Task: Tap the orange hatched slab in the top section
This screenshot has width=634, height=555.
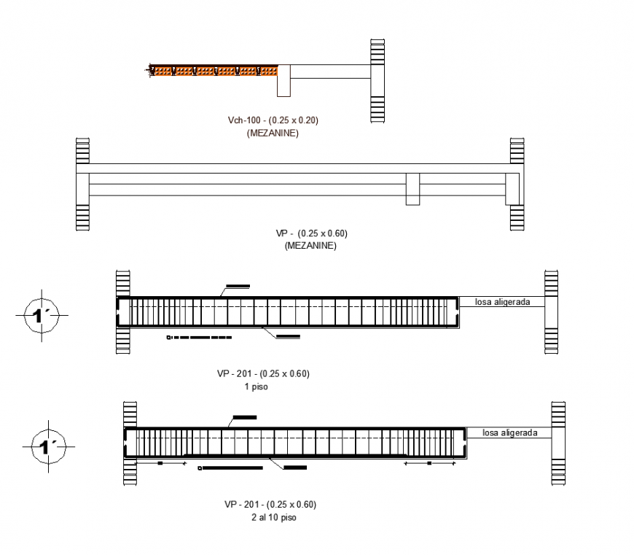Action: tap(214, 71)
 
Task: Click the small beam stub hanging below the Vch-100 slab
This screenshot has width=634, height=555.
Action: tap(284, 80)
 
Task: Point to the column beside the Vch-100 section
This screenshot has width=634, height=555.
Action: tap(377, 80)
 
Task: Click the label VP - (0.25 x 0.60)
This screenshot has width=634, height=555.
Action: tap(311, 233)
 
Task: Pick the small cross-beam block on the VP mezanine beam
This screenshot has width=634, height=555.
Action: tap(412, 189)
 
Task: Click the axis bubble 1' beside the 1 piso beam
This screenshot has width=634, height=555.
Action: tap(41, 315)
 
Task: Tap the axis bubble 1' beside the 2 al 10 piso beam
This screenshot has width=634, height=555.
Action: tap(50, 446)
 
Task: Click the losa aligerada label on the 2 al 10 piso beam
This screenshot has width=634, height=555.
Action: tap(510, 432)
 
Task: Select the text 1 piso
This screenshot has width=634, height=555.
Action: tap(256, 387)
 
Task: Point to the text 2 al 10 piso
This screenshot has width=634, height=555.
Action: tap(270, 518)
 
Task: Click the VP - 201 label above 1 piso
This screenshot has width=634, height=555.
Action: tap(263, 373)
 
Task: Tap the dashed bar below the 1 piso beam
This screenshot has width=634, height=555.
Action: tap(199, 338)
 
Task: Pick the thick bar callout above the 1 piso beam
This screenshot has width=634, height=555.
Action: tap(238, 285)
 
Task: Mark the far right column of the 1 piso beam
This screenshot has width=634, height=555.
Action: tap(551, 311)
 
